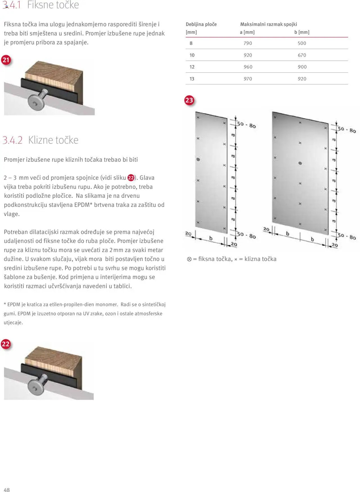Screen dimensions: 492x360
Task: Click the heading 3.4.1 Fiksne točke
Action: pos(41,5)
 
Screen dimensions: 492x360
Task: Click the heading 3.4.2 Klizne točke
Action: pos(41,140)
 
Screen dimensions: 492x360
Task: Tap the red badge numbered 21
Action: pos(6,60)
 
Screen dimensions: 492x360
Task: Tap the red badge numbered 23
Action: pos(189,100)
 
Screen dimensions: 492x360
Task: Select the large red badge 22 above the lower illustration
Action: pos(6,344)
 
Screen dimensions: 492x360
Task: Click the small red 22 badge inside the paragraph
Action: pos(131,178)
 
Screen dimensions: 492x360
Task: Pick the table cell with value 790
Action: pos(248,43)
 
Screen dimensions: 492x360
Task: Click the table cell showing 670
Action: pos(302,55)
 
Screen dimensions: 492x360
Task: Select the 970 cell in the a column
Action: pos(248,79)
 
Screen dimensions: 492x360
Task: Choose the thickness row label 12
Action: pos(192,67)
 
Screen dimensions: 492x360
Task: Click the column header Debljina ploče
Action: pos(201,24)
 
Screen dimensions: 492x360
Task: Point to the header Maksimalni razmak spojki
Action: pos(268,24)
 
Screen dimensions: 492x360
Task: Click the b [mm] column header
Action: pos(302,32)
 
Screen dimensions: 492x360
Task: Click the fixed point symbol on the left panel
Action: pos(198,159)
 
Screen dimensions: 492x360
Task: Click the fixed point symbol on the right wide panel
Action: pos(300,163)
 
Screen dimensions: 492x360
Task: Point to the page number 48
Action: pos(6,490)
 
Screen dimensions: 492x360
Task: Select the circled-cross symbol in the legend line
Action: pos(189,259)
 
